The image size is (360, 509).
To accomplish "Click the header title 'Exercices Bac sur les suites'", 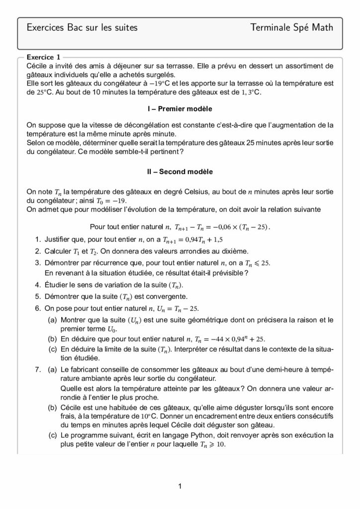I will (82, 28).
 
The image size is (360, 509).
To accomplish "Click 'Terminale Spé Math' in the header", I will (292, 28).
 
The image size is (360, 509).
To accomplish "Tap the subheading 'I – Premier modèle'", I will (180, 108).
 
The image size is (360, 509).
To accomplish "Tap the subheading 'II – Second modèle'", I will (180, 171).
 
